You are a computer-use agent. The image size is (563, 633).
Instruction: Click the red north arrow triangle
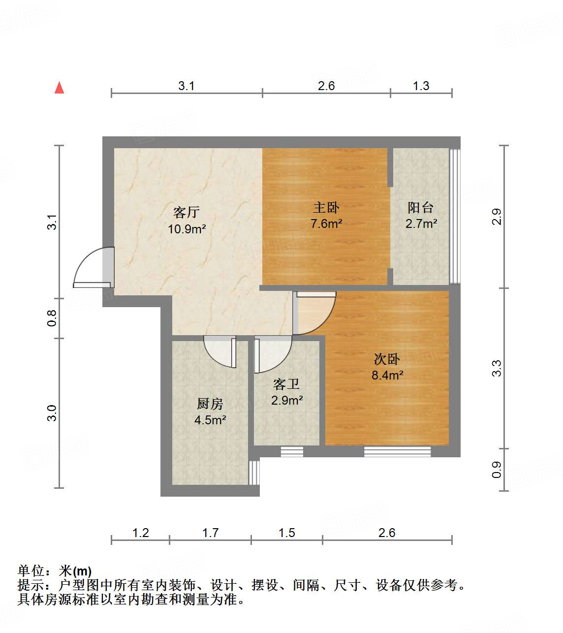[60, 88]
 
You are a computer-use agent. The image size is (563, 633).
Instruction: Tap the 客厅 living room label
[187, 212]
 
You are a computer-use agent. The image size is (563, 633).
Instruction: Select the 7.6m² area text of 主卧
[326, 223]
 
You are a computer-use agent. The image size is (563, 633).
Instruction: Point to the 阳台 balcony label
[421, 208]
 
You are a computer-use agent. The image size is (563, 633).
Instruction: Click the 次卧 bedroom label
[387, 359]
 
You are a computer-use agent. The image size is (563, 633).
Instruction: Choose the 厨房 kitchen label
[210, 404]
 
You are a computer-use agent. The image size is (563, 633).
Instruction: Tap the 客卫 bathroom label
[286, 384]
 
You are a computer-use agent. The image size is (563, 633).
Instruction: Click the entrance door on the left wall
[94, 268]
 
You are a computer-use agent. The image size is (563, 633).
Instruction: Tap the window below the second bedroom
[397, 451]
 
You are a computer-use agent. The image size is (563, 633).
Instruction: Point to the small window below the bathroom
[291, 451]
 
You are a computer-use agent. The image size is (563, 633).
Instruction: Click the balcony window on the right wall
[455, 217]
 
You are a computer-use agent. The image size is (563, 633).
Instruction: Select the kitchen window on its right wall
[253, 473]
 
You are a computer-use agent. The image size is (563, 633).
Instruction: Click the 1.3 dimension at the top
[421, 86]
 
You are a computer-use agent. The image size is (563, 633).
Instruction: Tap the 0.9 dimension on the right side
[497, 470]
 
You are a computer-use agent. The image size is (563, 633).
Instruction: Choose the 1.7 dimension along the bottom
[210, 533]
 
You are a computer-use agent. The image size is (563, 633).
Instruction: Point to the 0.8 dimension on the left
[52, 318]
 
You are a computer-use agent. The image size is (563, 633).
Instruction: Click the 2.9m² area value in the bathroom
[287, 400]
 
